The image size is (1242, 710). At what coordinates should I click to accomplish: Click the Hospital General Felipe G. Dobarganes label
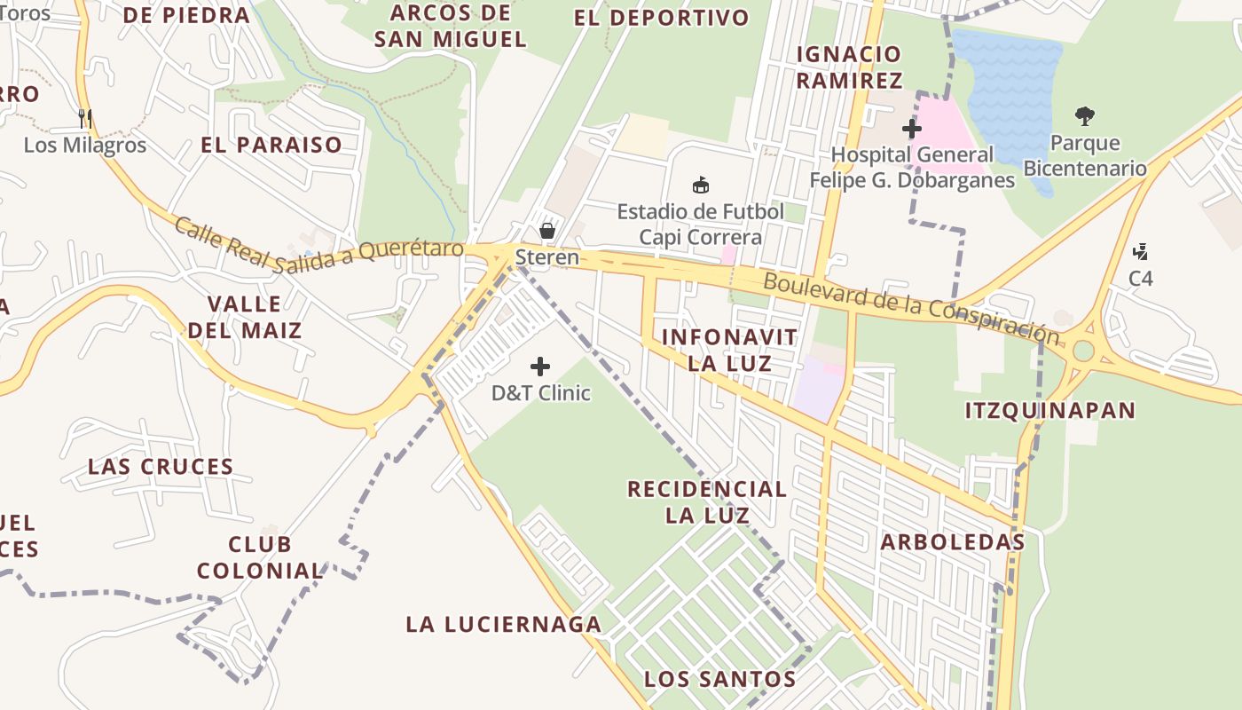point(912,168)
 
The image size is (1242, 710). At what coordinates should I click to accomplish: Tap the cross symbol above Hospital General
point(912,129)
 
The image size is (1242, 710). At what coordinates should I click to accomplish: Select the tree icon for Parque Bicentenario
point(1084,115)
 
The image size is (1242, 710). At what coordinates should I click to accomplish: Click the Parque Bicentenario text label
point(1084,155)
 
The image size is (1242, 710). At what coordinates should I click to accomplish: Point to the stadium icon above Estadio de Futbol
point(701,185)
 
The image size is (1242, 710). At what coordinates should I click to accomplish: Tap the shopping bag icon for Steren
point(547,231)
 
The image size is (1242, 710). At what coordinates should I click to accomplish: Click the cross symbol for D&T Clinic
point(540,366)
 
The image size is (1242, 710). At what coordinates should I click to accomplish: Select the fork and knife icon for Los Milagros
point(85,118)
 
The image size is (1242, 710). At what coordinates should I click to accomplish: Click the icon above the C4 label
point(1141,252)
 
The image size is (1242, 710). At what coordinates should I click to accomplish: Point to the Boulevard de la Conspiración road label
point(911,308)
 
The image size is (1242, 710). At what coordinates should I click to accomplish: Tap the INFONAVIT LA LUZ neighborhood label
point(729,350)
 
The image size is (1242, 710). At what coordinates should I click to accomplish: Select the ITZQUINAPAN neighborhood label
point(1049,410)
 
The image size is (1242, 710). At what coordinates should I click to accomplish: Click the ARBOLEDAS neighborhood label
point(952,542)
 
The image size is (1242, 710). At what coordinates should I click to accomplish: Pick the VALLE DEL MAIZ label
point(244,317)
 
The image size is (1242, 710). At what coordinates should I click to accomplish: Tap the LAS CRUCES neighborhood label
point(161,467)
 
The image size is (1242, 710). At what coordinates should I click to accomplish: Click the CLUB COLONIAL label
point(260,557)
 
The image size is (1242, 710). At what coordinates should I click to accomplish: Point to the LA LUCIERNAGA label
point(504,625)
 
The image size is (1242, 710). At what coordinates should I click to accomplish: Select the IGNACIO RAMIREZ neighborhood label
point(848,67)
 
